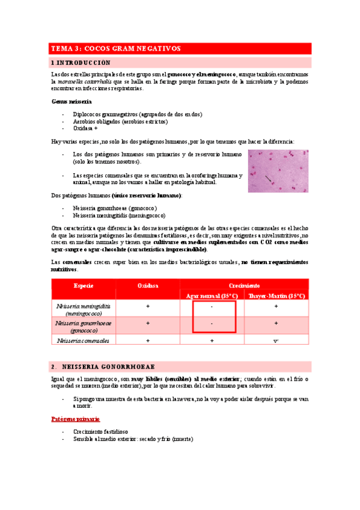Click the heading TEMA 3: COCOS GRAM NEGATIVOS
tap(116, 48)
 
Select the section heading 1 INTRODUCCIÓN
tap(81, 62)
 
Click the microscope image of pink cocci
tap(279, 171)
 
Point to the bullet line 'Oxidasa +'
tap(85, 128)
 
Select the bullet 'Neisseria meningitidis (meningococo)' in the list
tap(119, 215)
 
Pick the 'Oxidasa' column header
tap(148, 285)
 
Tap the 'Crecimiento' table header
tap(243, 285)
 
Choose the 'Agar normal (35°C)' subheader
tap(212, 296)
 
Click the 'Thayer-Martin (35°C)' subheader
tap(276, 296)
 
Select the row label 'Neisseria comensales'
tap(84, 340)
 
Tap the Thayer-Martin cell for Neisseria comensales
tap(276, 340)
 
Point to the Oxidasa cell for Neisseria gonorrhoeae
tap(148, 324)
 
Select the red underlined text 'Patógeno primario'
tap(75, 418)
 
